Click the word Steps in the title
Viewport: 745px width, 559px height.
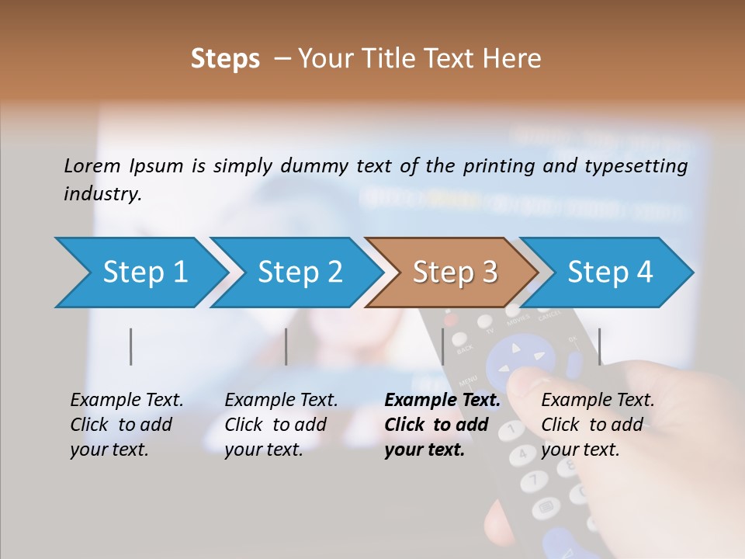click(x=225, y=59)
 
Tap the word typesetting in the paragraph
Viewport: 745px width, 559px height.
click(x=642, y=165)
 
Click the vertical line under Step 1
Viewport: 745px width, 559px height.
click(x=131, y=346)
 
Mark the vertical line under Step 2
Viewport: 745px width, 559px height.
click(x=286, y=346)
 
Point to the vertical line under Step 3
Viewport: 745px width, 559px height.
click(x=442, y=346)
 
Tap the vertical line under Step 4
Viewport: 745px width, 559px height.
click(x=599, y=346)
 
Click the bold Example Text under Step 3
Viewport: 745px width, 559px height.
click(x=442, y=401)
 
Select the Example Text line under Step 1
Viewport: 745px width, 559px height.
click(x=126, y=401)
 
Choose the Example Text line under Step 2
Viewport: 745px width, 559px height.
click(x=281, y=401)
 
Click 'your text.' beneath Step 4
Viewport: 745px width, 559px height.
click(x=580, y=450)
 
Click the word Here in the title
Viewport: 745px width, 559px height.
click(x=512, y=59)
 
